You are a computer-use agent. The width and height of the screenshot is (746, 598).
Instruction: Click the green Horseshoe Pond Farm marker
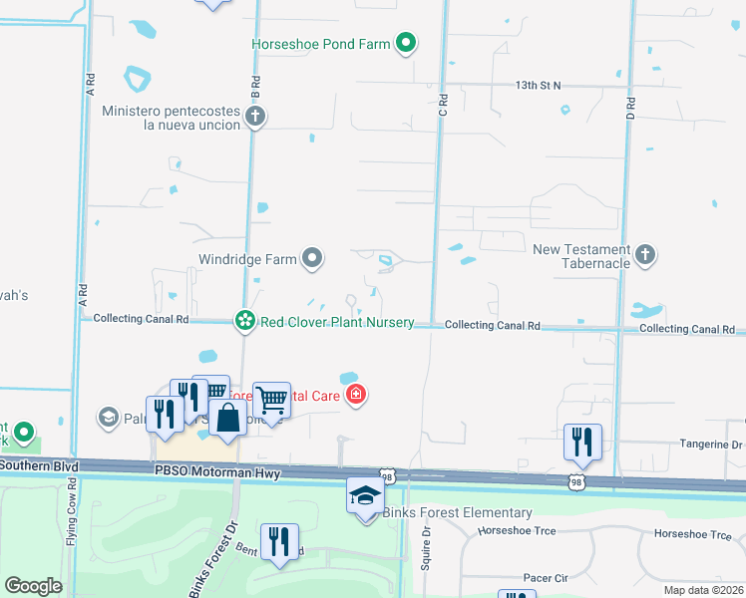(x=405, y=43)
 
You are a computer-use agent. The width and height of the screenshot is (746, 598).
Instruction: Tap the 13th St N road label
(x=540, y=86)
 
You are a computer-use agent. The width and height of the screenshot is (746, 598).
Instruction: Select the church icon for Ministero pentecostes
(x=254, y=117)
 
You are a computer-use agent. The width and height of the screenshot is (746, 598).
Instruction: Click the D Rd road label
(x=630, y=103)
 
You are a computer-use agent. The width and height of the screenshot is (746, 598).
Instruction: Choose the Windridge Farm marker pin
(x=313, y=259)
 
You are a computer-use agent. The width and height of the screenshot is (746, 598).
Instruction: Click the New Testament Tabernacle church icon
(x=645, y=255)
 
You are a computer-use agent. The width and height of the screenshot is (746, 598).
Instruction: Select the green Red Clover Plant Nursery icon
(x=244, y=321)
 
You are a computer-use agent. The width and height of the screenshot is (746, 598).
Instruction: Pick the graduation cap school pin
(x=365, y=495)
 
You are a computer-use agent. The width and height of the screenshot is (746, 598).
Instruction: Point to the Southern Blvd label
(x=40, y=464)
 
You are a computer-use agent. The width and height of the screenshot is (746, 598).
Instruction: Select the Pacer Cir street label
(x=546, y=577)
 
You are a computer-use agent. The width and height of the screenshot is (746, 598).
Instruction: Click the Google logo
(x=34, y=585)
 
